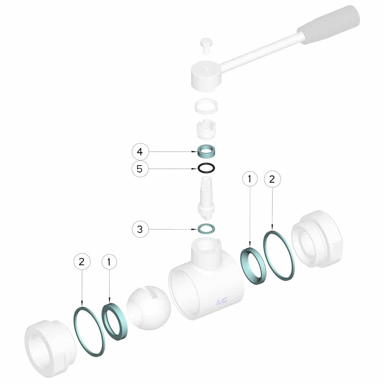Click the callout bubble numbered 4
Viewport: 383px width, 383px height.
[x=140, y=152]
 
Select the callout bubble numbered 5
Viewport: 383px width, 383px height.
[x=140, y=169]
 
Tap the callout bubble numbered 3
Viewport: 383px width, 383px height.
[x=140, y=229]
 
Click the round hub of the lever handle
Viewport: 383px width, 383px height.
[x=206, y=76]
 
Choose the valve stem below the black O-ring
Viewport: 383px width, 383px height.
[x=206, y=198]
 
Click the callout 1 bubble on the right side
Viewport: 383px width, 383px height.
[x=250, y=179]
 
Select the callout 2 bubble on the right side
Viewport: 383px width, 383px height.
[x=272, y=179]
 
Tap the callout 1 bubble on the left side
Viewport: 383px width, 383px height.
[x=109, y=262]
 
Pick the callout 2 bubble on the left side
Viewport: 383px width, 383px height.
[x=82, y=262]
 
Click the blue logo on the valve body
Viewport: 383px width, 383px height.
[x=222, y=301]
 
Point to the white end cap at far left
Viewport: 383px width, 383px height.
[x=50, y=349]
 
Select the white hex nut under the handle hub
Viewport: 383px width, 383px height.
[x=206, y=106]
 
